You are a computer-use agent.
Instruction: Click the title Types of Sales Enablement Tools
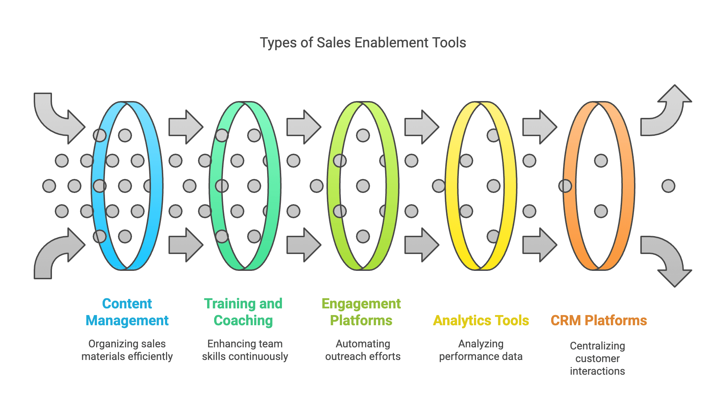(363, 43)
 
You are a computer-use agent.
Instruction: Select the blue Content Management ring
(156, 186)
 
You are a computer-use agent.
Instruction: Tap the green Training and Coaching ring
(274, 186)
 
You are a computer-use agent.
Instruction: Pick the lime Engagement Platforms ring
(392, 186)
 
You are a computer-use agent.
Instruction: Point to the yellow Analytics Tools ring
(510, 186)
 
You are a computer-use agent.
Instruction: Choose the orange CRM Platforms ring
(628, 186)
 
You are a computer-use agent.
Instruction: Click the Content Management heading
(127, 312)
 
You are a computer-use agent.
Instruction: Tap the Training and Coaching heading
(243, 312)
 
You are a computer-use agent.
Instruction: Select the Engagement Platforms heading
(361, 312)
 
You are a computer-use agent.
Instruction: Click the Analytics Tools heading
(481, 320)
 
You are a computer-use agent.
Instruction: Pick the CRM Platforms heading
(599, 320)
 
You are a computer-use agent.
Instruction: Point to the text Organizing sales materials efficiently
(127, 350)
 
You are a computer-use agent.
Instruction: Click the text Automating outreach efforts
(363, 350)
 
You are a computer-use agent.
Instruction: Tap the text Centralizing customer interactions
(597, 358)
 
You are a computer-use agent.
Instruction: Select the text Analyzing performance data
(481, 350)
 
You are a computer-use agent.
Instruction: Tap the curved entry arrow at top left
(56, 118)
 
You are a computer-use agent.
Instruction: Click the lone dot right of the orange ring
(668, 186)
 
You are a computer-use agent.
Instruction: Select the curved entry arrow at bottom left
(56, 254)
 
